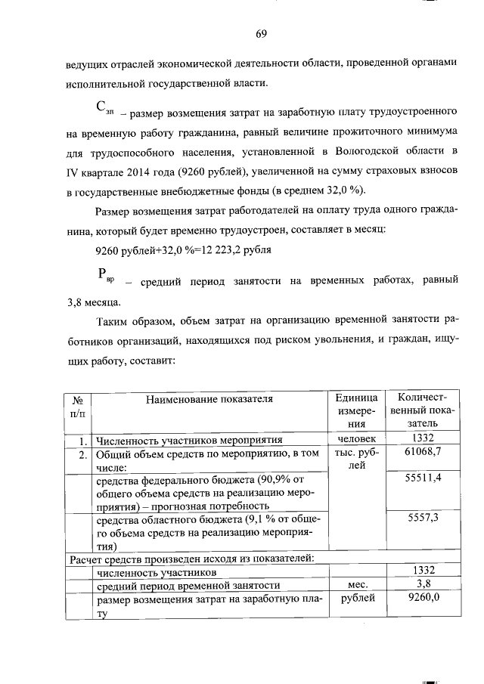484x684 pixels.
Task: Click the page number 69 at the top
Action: tap(261, 34)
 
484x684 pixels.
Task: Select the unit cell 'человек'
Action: tap(355, 438)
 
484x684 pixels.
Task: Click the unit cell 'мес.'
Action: tap(355, 584)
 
